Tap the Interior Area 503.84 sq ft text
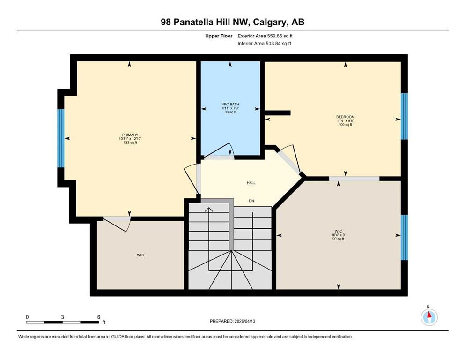(x=264, y=44)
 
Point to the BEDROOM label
(x=345, y=117)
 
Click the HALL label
(x=251, y=183)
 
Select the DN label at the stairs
(x=251, y=201)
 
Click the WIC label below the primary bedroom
(x=140, y=255)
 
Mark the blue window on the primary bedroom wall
(x=60, y=138)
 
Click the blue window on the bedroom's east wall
(x=404, y=116)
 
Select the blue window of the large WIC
(x=404, y=237)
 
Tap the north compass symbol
(x=428, y=317)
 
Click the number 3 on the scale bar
(x=62, y=317)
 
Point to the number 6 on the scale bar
(x=98, y=317)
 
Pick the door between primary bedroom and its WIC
(x=117, y=222)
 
